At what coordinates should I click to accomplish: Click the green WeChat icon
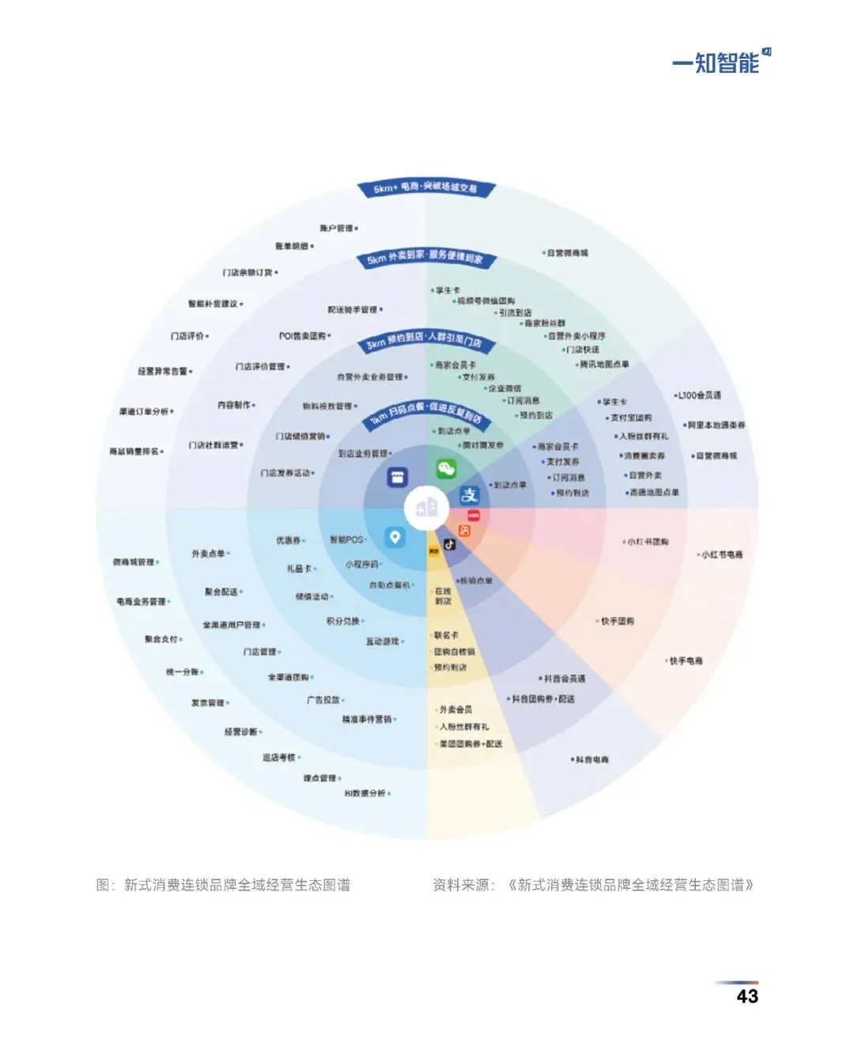click(x=447, y=470)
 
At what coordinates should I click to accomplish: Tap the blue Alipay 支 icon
click(x=470, y=495)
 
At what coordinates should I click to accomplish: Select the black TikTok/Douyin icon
click(x=449, y=544)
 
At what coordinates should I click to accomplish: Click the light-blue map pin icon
click(x=395, y=538)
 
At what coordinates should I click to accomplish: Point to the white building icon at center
click(x=426, y=508)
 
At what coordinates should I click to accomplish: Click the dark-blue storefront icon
click(x=397, y=477)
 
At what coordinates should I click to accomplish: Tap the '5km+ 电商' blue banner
click(x=425, y=188)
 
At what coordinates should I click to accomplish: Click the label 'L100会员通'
click(x=699, y=395)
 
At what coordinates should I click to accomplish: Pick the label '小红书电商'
click(x=722, y=555)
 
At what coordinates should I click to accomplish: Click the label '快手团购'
click(x=617, y=622)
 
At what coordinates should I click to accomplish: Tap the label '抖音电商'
click(x=591, y=760)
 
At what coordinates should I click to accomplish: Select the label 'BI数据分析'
click(x=365, y=793)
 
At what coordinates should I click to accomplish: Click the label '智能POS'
click(x=346, y=540)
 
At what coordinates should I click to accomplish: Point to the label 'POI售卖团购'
click(x=303, y=336)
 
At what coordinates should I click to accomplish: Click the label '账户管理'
click(x=337, y=229)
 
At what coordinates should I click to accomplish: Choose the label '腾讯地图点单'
click(x=604, y=365)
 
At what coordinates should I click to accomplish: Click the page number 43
click(x=746, y=996)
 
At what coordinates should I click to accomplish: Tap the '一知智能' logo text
click(x=716, y=63)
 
